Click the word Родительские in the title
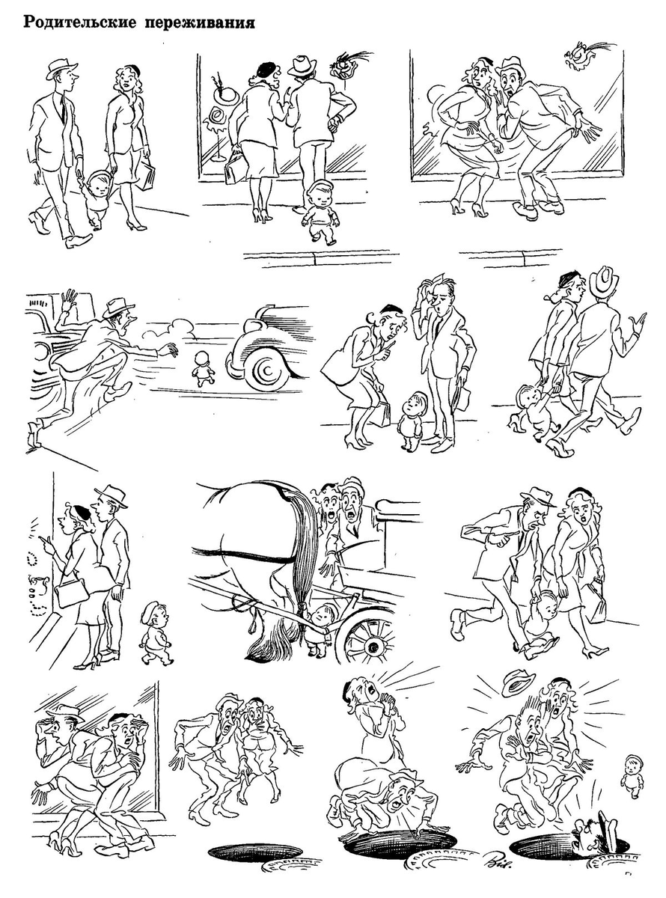(x=80, y=22)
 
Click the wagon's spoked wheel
(x=370, y=643)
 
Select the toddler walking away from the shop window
(x=320, y=213)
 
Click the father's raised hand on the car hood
(x=70, y=300)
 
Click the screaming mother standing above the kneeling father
(x=370, y=724)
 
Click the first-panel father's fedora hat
(x=61, y=69)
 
